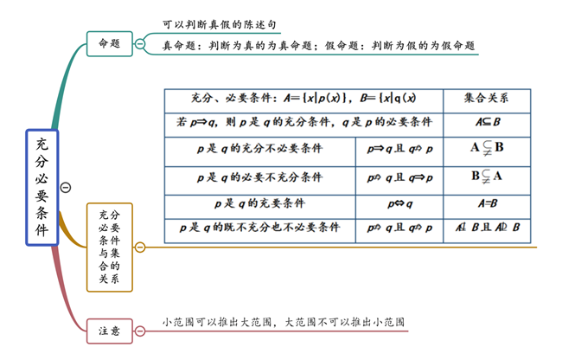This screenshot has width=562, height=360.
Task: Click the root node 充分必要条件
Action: pos(42,187)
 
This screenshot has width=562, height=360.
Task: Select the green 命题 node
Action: pos(110,43)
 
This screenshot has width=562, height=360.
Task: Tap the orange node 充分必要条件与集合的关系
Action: pos(110,247)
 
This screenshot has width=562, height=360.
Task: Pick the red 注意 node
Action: pos(110,330)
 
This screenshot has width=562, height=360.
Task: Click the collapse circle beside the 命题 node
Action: pos(141,43)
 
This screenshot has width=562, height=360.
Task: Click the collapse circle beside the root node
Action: pos(66,188)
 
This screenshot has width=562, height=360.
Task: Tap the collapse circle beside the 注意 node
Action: pos(141,330)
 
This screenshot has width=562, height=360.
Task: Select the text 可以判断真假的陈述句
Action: pos(221,24)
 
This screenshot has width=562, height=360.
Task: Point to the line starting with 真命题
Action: pos(319,46)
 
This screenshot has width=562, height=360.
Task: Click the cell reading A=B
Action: pos(487,204)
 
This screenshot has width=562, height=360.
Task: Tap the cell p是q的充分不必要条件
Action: pos(259,149)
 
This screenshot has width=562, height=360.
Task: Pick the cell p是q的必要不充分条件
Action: pos(259,177)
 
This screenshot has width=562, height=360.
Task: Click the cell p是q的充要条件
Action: pos(259,204)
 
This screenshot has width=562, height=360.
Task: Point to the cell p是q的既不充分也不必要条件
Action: pos(259,228)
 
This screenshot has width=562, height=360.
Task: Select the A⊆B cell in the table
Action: pos(487,123)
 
